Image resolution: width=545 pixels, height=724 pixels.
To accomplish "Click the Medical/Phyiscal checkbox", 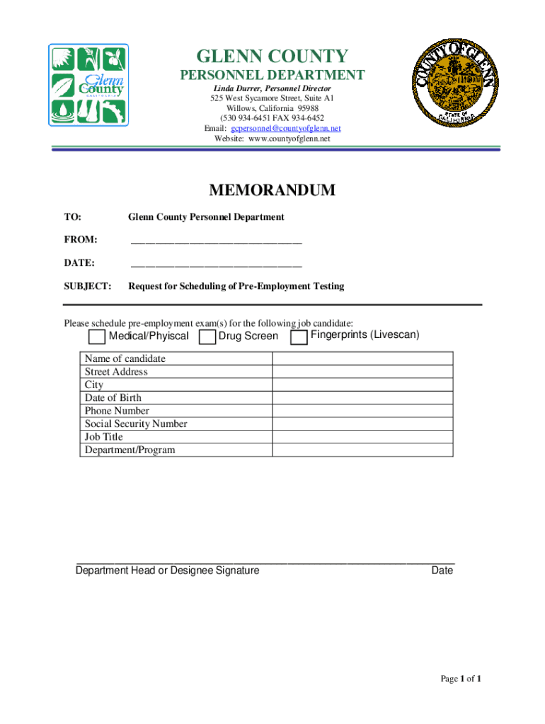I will point(97,337).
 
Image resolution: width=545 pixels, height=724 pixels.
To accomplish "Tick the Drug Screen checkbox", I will point(207,337).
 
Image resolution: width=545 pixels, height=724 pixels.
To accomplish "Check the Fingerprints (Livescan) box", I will point(299,337).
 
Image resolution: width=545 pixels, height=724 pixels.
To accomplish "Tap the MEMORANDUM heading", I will point(272,190).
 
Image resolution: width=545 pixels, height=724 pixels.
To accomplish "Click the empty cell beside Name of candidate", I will point(362,358).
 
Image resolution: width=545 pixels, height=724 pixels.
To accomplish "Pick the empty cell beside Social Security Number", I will point(362,424).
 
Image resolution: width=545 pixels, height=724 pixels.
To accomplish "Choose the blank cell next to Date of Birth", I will point(362,397).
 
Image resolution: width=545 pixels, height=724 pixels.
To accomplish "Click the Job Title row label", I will point(104,437).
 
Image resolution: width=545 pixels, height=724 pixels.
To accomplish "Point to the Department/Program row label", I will point(130,450).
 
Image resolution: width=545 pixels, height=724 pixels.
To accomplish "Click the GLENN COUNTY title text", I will point(272,57).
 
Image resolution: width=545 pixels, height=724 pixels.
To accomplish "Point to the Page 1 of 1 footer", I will point(461,679).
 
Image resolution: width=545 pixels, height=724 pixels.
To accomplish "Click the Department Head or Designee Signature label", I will point(167,571).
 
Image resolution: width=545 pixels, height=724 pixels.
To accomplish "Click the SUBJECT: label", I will point(88,286).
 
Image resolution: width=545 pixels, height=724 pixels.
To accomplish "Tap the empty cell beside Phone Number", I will point(362,411).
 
